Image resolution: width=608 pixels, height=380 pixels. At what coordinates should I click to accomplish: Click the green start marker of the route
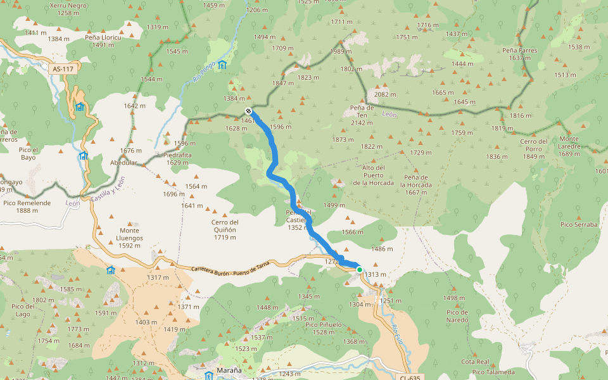click(x=360, y=270)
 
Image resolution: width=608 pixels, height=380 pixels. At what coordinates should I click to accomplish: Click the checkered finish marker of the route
click(x=248, y=111)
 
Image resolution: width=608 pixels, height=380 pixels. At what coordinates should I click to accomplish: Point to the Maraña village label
click(x=229, y=370)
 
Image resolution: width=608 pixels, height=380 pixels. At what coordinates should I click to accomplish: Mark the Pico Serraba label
click(x=579, y=224)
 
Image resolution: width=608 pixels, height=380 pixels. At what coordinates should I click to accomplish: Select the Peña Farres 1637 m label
click(x=519, y=54)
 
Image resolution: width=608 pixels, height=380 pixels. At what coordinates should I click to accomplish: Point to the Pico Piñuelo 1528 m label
click(x=324, y=328)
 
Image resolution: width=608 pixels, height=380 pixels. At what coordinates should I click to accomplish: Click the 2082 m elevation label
click(x=385, y=94)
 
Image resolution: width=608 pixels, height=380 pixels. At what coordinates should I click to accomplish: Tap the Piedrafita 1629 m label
click(x=177, y=157)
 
